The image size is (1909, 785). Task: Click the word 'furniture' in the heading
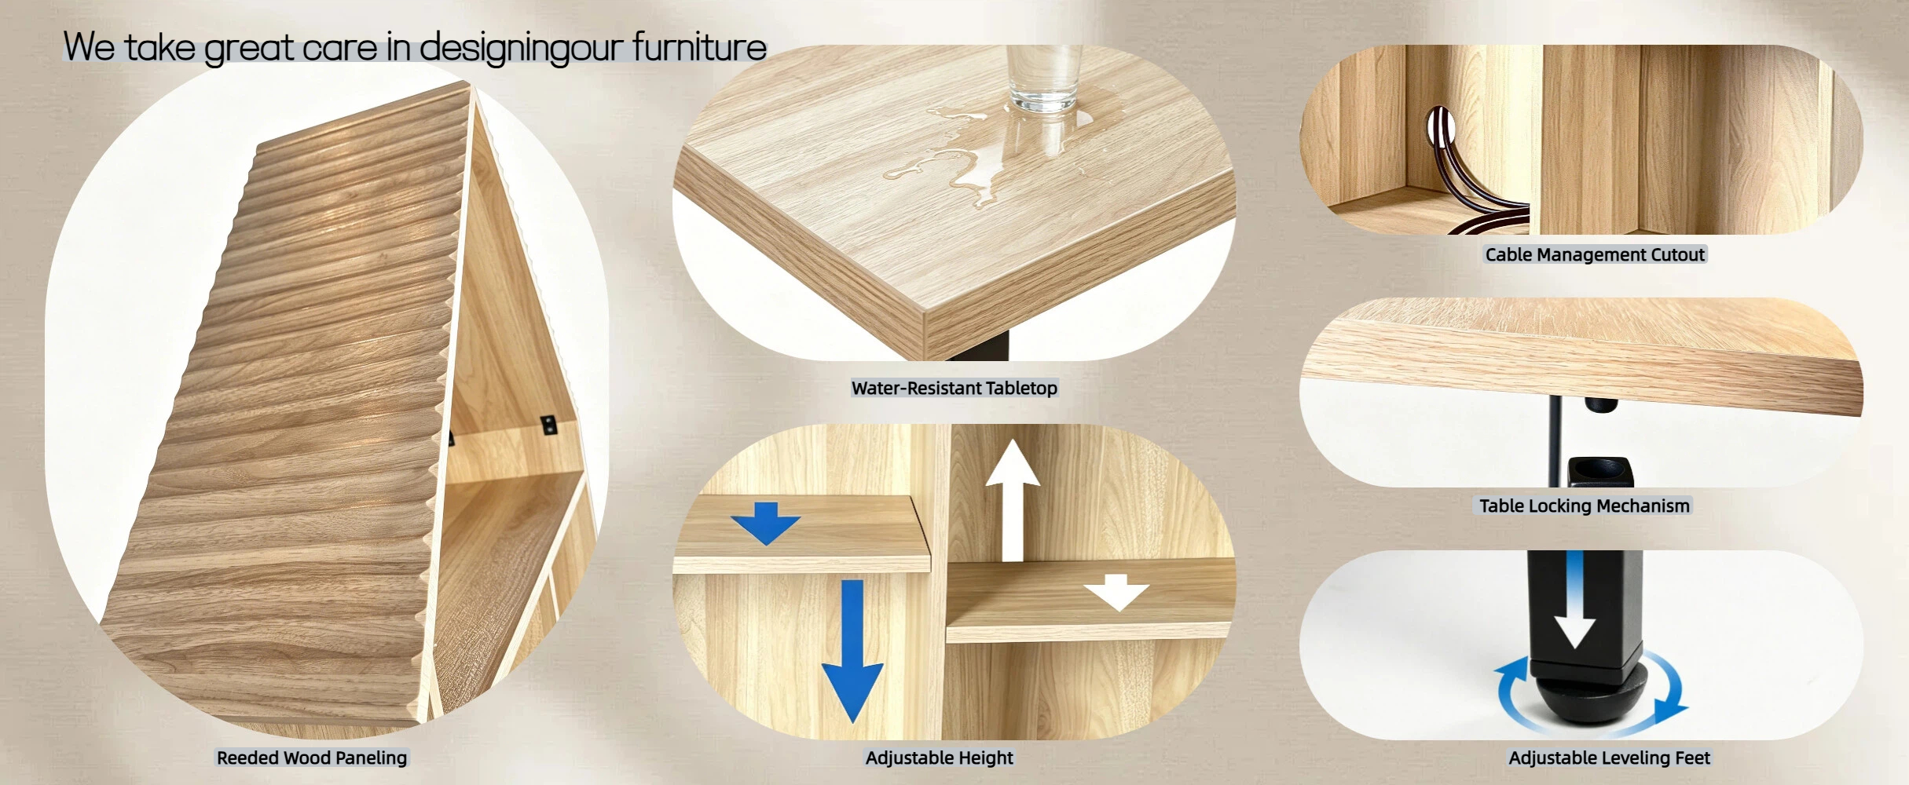[699, 46]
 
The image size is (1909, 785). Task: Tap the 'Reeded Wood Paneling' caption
[312, 758]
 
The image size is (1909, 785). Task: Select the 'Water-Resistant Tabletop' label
[955, 388]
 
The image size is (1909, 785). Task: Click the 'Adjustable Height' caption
[940, 758]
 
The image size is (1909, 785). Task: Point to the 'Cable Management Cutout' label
[1595, 254]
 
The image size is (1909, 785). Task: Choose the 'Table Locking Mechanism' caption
[1585, 506]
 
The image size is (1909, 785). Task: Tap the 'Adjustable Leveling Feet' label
[1609, 758]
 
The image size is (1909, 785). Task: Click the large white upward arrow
[1013, 499]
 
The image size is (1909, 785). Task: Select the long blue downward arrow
[852, 651]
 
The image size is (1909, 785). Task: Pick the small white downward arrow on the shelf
[1116, 593]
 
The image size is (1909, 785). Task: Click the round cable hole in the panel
[1439, 127]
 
